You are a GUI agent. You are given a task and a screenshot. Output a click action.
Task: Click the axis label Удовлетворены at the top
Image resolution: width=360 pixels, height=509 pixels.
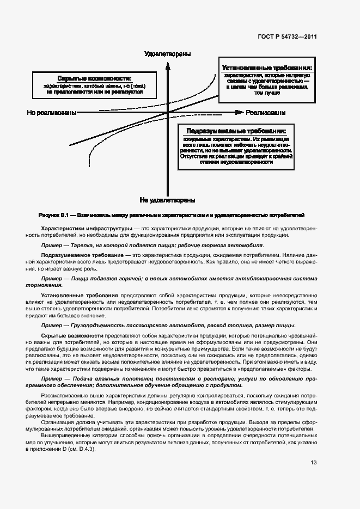[167, 53]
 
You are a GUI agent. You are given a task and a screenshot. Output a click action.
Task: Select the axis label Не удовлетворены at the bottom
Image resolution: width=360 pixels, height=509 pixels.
[167, 200]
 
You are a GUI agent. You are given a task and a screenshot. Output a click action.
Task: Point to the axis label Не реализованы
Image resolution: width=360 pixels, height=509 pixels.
[51, 113]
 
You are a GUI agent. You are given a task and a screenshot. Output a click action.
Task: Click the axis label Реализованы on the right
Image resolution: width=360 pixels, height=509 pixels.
[266, 113]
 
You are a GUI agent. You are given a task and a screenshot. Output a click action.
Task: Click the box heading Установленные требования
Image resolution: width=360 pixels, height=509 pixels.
[267, 69]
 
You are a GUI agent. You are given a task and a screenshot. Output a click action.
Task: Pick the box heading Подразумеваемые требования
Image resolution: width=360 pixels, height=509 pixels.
[236, 132]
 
